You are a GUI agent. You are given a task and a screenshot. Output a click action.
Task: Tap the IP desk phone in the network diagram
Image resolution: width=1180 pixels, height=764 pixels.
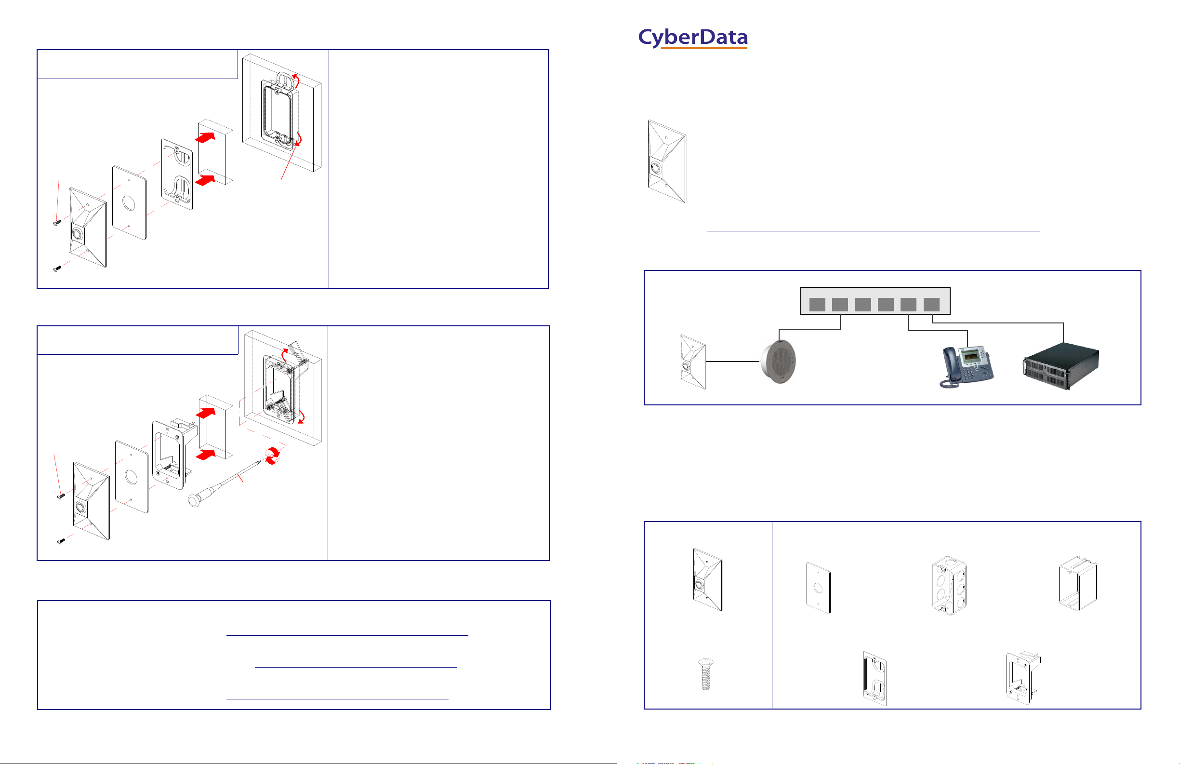tap(967, 367)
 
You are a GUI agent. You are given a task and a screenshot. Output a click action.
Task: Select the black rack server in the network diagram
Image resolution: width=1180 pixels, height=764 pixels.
tap(1061, 366)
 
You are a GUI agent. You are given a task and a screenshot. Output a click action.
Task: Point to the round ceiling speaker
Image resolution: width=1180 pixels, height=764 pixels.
tap(779, 362)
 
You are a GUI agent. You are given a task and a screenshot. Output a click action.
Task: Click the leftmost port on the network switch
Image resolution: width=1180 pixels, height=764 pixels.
tap(817, 305)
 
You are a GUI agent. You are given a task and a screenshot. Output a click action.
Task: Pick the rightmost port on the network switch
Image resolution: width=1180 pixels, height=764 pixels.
tap(931, 305)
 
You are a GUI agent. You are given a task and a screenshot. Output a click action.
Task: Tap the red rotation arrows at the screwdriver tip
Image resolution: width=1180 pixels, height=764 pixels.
tap(272, 456)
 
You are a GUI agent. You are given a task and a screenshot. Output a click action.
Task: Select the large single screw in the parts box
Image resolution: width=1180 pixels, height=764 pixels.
tap(705, 674)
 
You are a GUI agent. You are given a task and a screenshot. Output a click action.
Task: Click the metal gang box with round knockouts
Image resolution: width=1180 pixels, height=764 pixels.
tap(949, 585)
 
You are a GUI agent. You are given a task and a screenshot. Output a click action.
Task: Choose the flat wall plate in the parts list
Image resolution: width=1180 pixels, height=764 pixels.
tap(819, 588)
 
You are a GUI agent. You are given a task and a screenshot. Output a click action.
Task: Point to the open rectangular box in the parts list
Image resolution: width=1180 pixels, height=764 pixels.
tap(1077, 583)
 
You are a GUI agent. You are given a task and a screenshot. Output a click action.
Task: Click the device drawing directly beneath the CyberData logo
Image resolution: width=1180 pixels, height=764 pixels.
tap(667, 161)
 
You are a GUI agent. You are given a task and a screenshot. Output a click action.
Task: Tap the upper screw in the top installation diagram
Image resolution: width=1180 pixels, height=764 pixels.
tap(57, 223)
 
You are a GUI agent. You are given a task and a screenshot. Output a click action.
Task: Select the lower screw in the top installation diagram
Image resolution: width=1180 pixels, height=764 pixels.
tap(57, 269)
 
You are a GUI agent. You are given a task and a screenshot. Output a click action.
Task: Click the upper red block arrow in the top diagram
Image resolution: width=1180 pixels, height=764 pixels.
tap(205, 137)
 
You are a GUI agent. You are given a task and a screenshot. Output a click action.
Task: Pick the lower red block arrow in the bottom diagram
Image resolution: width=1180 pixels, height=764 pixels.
tap(206, 455)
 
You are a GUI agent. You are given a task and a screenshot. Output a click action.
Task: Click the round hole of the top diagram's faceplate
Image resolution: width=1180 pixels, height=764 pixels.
tap(129, 203)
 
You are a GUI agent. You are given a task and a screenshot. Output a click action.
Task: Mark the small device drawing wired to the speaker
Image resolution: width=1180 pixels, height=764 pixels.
tap(693, 362)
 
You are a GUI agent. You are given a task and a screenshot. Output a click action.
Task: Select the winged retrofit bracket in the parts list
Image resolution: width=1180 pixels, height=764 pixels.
tap(1022, 677)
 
